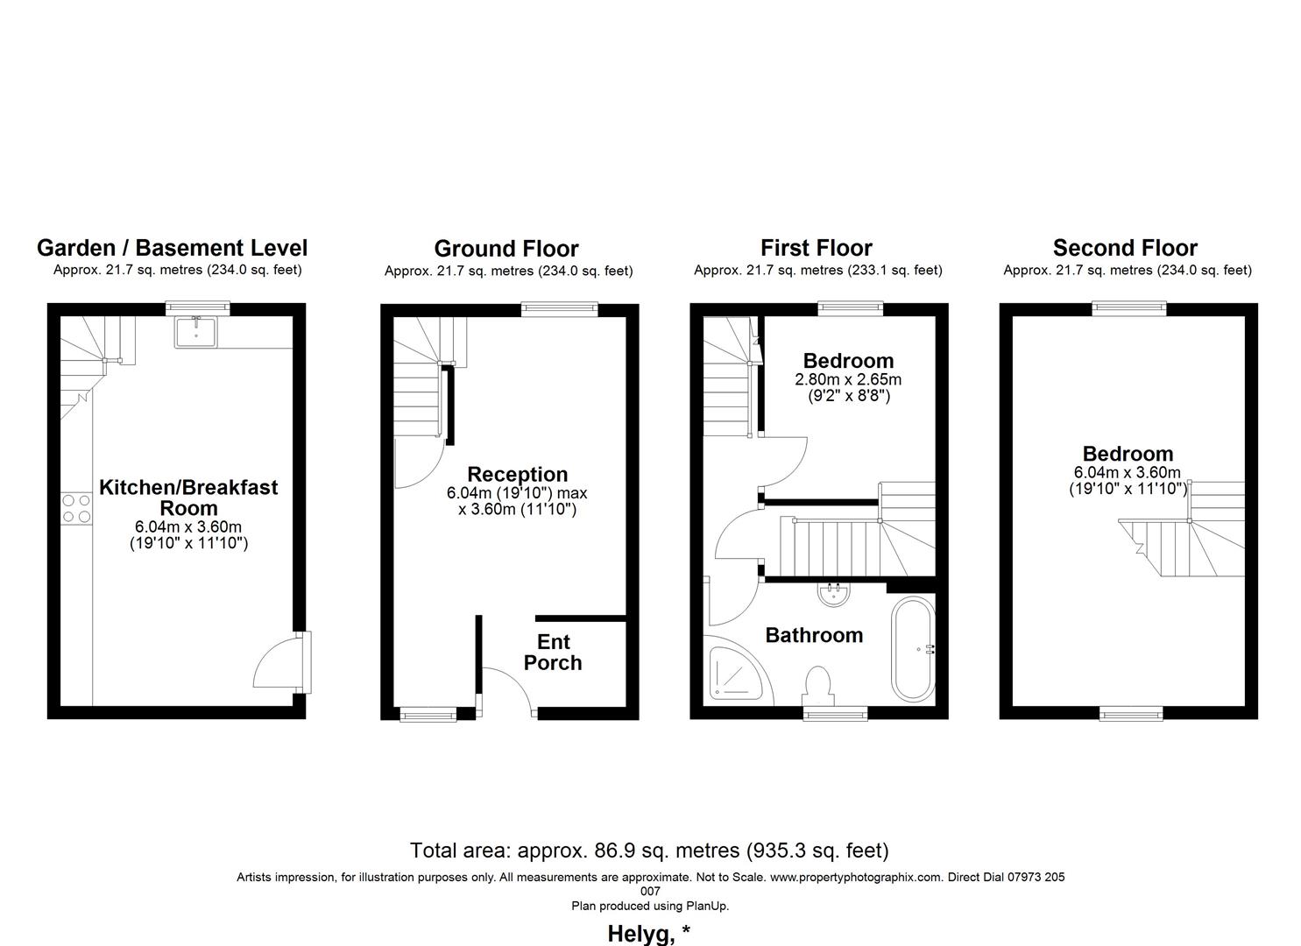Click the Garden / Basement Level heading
[x=172, y=248]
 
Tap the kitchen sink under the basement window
[x=196, y=331]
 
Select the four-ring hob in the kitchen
[x=76, y=509]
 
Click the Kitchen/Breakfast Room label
[x=187, y=498]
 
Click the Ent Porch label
[x=553, y=653]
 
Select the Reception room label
[x=517, y=475]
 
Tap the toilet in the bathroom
[x=817, y=684]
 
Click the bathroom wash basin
[x=832, y=594]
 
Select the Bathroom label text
[x=814, y=635]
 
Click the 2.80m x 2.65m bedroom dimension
[x=847, y=380]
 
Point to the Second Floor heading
[x=1125, y=248]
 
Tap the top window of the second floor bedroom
[x=1128, y=307]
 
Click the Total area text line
[x=649, y=850]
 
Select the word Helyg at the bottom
[x=638, y=934]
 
